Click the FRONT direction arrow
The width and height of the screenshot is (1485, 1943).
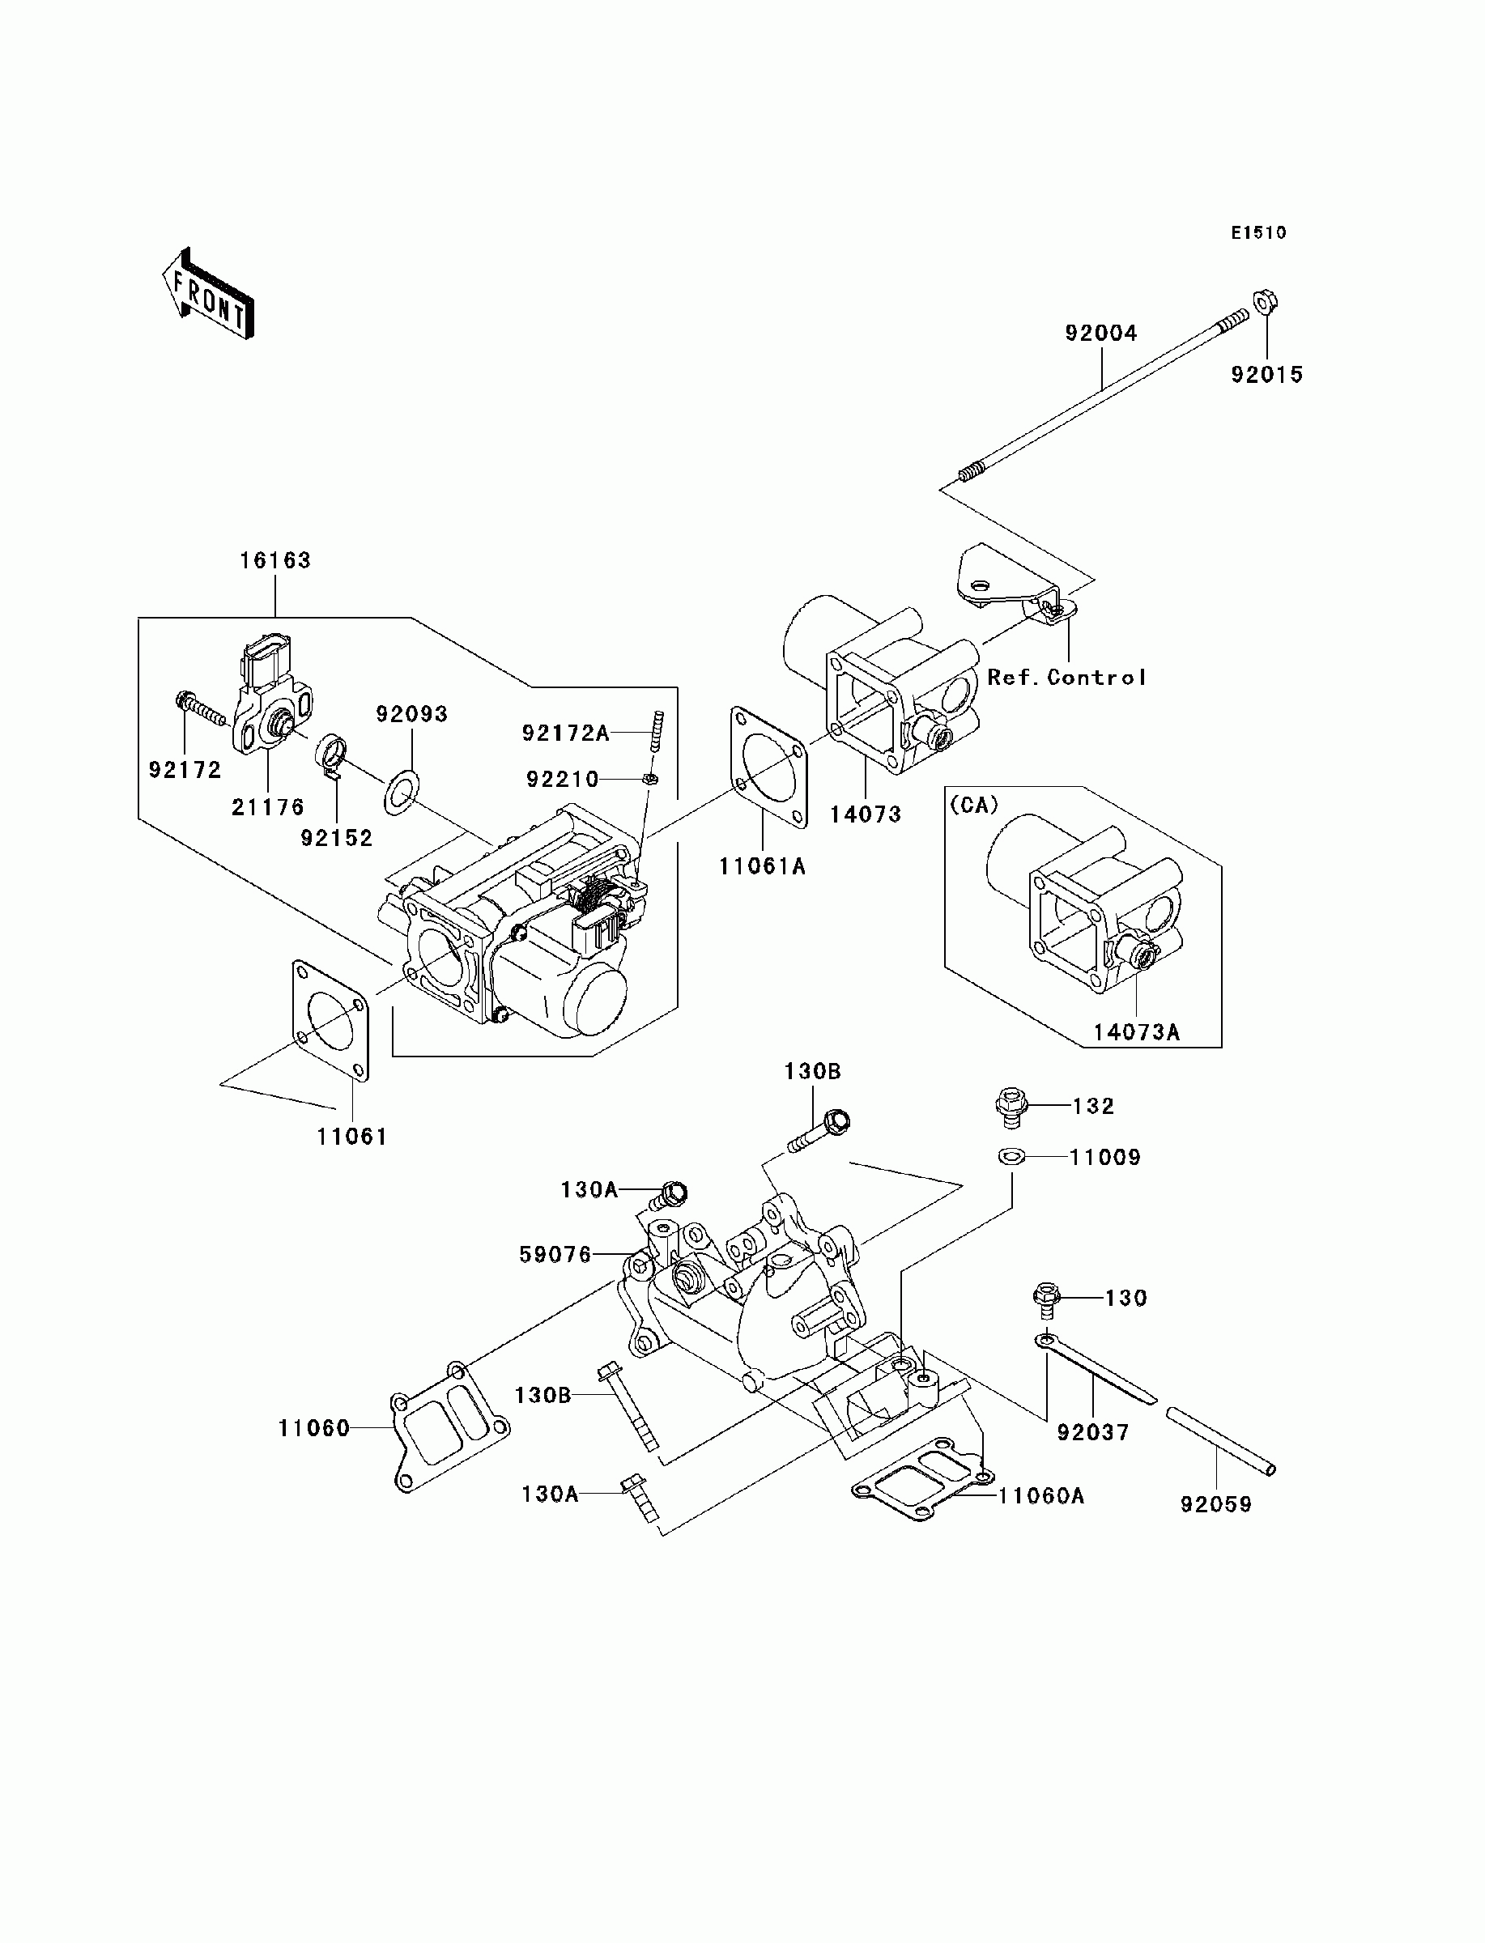pyautogui.click(x=209, y=294)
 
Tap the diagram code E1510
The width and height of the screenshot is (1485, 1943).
pyautogui.click(x=1259, y=232)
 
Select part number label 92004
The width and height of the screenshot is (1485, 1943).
pyautogui.click(x=1100, y=333)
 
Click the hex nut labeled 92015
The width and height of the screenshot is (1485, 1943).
pyautogui.click(x=1266, y=302)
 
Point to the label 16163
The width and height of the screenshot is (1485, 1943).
pyautogui.click(x=275, y=560)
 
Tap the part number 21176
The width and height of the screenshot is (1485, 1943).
pyautogui.click(x=268, y=806)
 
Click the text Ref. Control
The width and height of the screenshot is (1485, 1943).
pyautogui.click(x=1066, y=678)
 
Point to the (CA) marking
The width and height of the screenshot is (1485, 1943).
pyautogui.click(x=974, y=805)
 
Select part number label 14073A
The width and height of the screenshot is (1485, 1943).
pyautogui.click(x=1136, y=1032)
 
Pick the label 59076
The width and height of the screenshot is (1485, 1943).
pyautogui.click(x=555, y=1254)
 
